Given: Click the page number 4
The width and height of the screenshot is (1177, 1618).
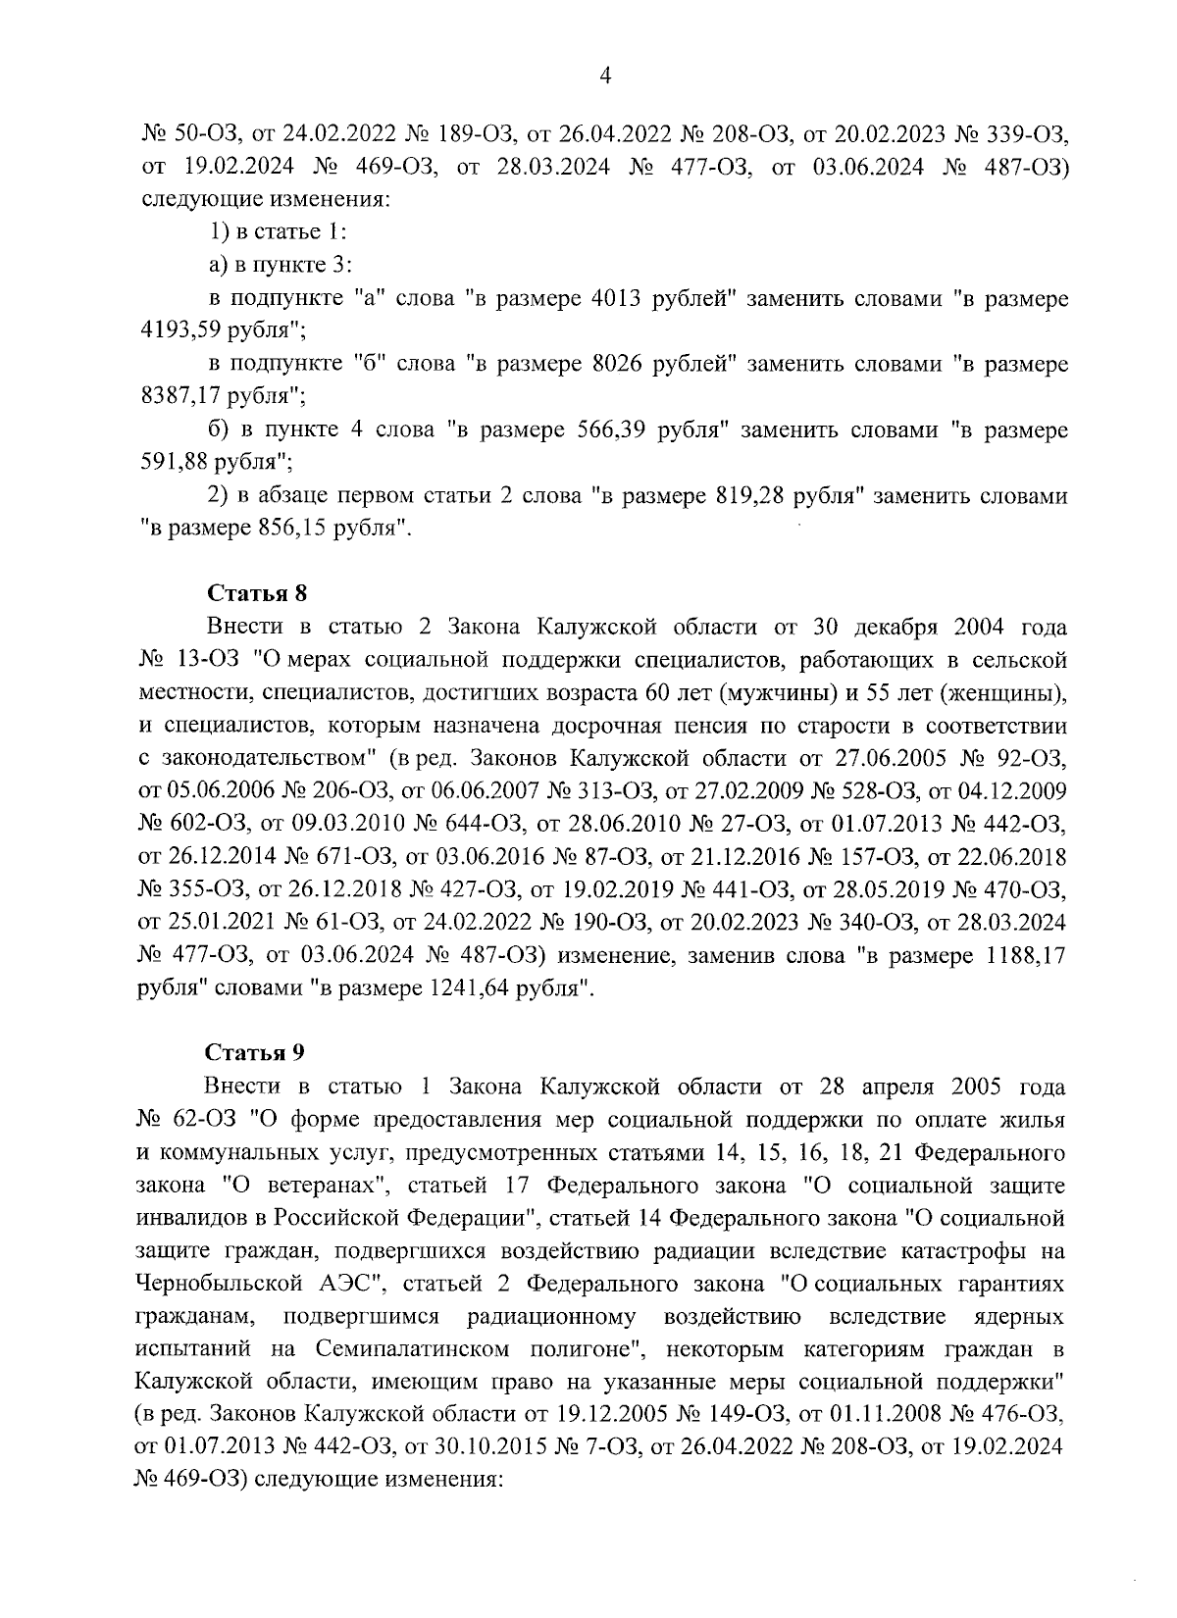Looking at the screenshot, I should point(605,76).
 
